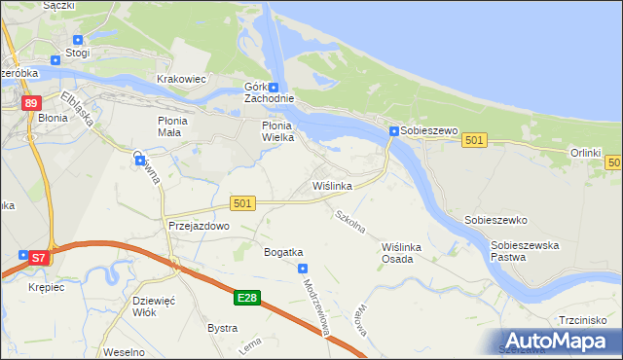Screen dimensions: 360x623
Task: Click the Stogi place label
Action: tap(77, 52)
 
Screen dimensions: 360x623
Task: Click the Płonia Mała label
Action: tap(179, 126)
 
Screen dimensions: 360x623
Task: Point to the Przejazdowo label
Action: tap(198, 225)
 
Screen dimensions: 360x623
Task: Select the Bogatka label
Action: tap(283, 252)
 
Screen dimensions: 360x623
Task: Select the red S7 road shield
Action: tap(38, 258)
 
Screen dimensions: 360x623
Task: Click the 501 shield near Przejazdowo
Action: tap(243, 202)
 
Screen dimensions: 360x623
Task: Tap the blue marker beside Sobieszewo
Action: tap(393, 131)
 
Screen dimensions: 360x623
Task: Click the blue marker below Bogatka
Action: tap(303, 268)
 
